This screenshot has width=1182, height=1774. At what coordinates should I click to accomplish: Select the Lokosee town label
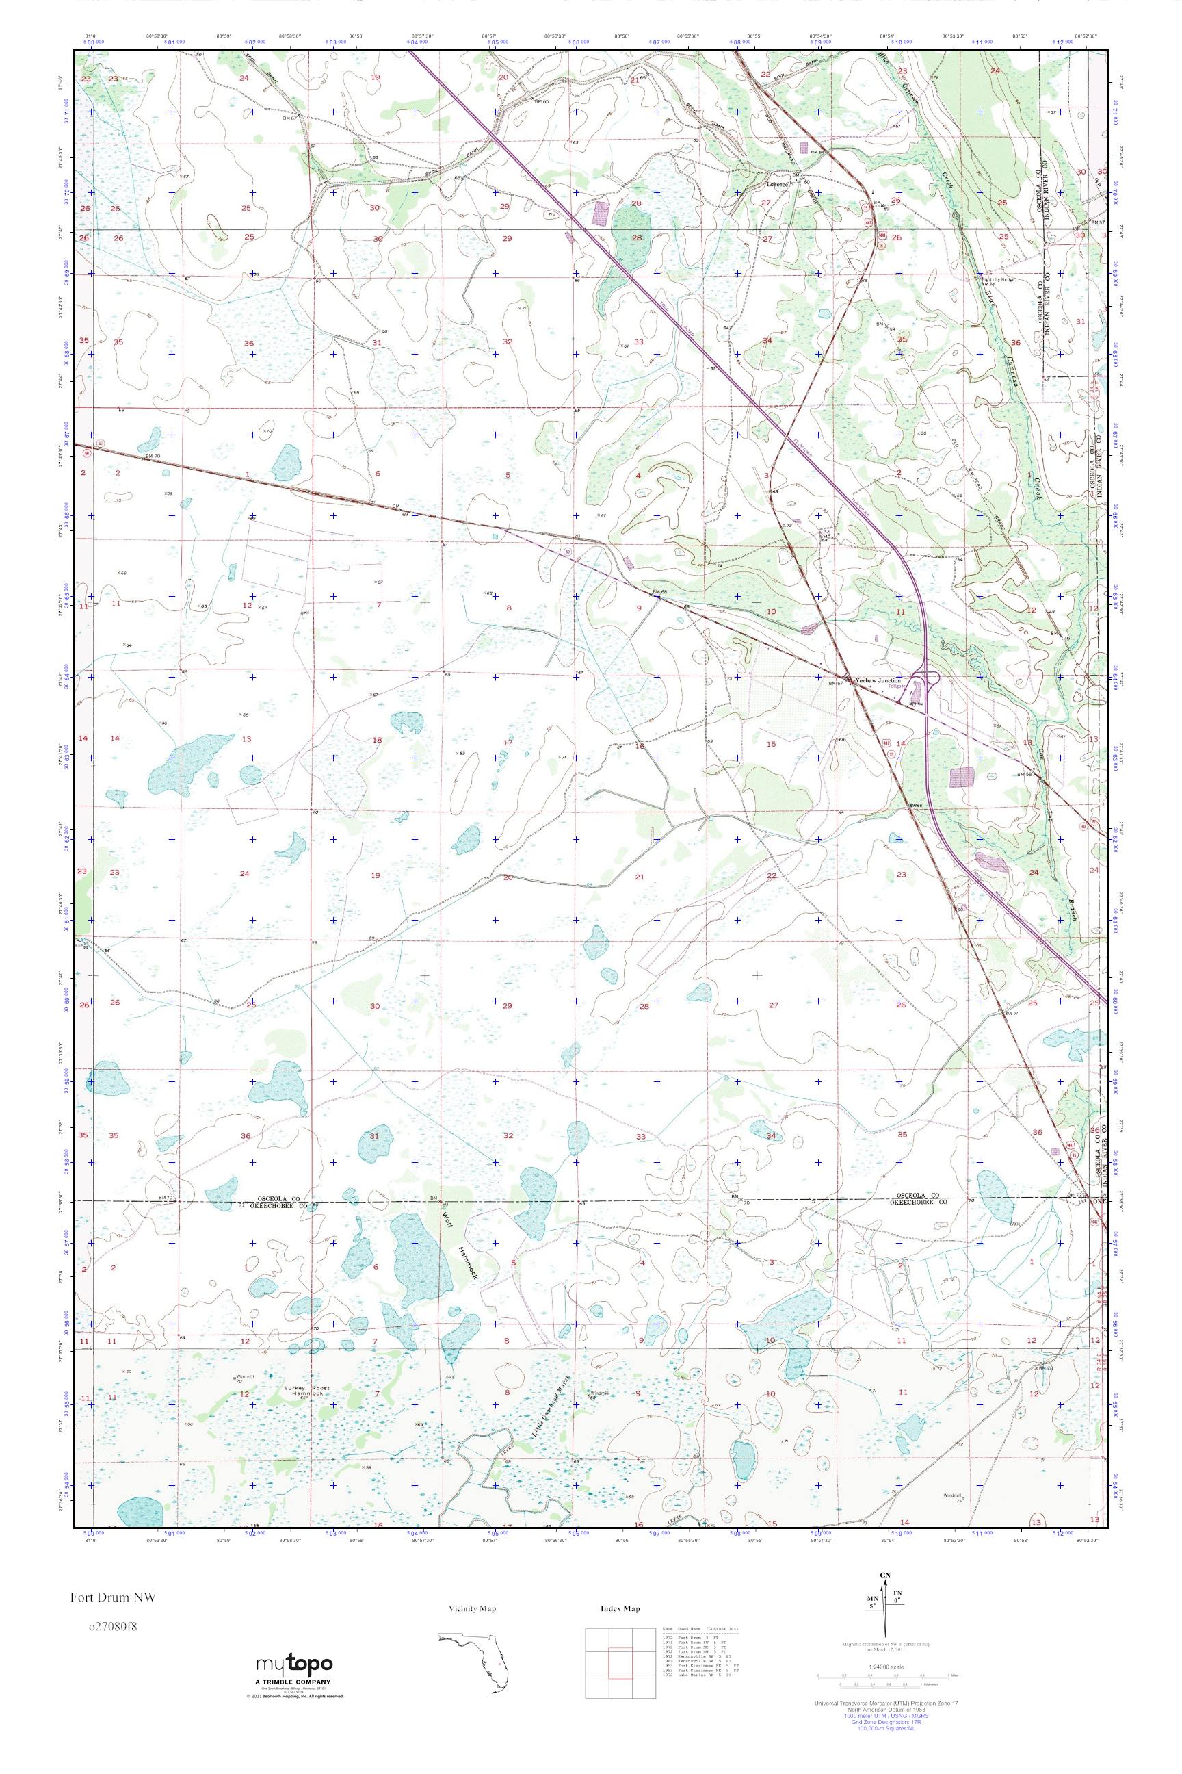click(x=777, y=184)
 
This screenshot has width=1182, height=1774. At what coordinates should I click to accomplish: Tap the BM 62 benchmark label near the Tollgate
click(x=917, y=704)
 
